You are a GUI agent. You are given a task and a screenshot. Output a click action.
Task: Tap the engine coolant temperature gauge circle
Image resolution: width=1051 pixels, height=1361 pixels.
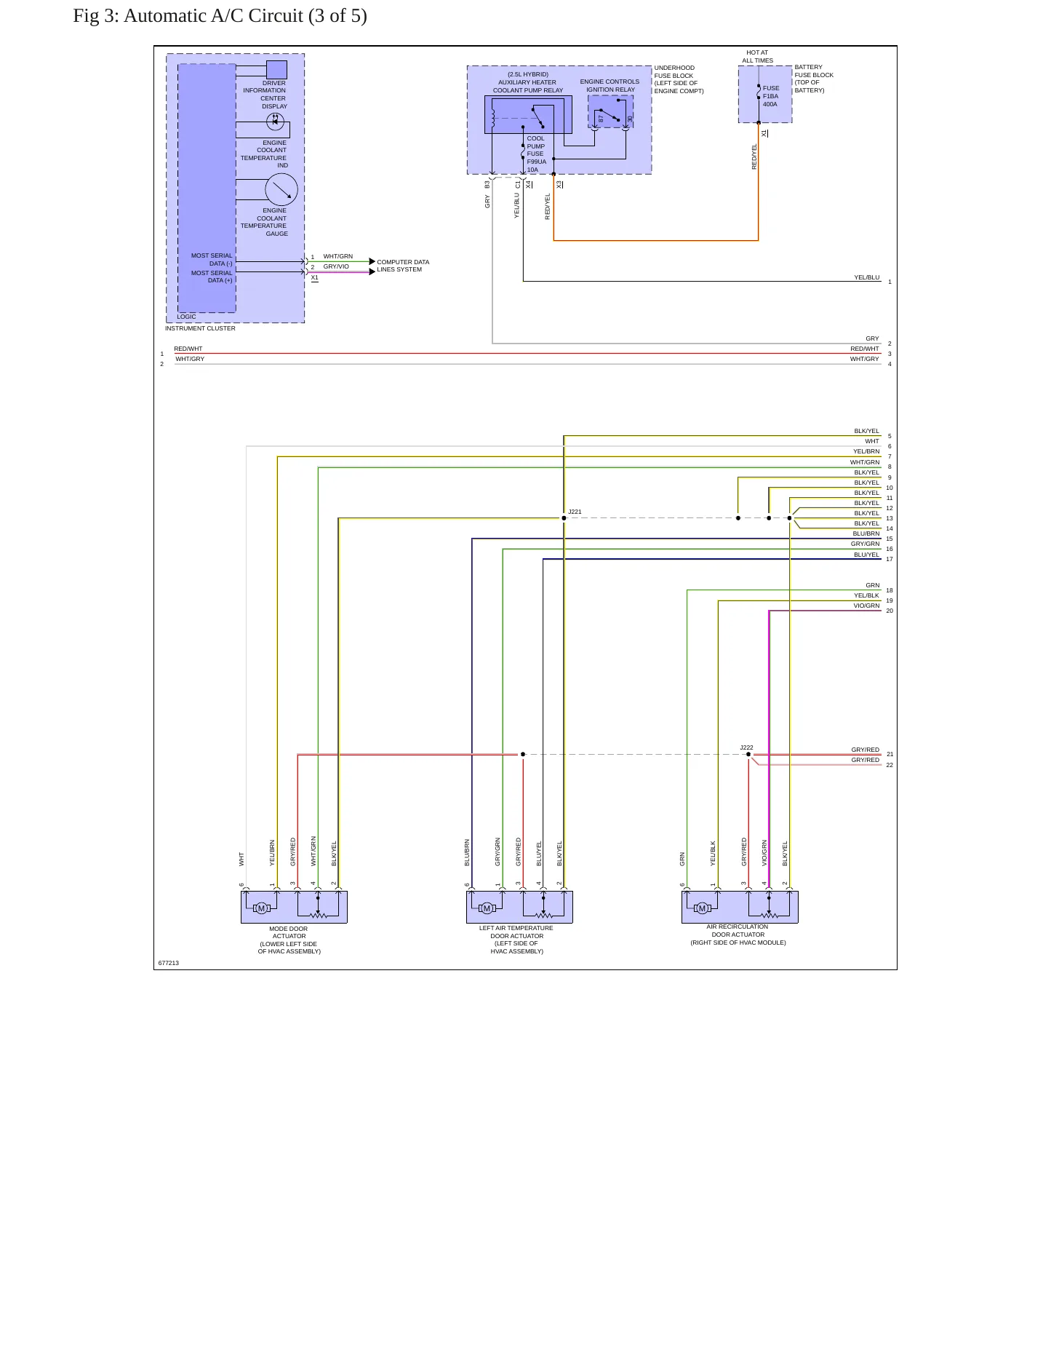click(x=281, y=190)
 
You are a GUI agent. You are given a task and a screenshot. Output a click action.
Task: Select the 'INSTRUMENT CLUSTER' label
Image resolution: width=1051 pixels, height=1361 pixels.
click(x=200, y=328)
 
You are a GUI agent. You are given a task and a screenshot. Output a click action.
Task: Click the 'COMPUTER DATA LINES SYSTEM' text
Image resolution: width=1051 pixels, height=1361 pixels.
click(x=403, y=266)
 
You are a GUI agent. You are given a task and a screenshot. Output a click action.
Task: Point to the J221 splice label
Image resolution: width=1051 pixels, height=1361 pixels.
click(x=575, y=512)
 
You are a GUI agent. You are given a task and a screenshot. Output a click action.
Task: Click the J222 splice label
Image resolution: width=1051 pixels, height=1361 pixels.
click(x=747, y=747)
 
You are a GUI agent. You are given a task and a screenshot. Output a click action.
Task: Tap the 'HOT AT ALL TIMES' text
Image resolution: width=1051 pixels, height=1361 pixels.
click(x=757, y=57)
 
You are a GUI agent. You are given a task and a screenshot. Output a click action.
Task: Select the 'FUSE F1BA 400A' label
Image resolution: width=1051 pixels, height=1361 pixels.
click(x=771, y=96)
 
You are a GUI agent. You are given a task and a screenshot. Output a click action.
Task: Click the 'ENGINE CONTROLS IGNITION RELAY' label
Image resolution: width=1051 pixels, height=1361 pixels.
click(x=610, y=86)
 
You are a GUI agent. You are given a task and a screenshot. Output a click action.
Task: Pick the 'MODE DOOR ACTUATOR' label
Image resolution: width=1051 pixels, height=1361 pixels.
click(x=289, y=932)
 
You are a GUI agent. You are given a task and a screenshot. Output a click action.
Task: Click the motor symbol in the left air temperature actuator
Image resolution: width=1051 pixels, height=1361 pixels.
click(x=487, y=908)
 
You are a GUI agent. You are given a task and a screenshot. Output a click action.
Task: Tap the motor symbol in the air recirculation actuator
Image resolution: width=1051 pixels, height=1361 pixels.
click(x=702, y=908)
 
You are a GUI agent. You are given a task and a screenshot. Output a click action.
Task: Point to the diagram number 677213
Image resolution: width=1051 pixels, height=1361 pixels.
click(x=168, y=963)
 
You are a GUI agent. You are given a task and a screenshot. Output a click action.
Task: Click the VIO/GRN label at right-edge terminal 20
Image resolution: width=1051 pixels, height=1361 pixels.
click(x=866, y=606)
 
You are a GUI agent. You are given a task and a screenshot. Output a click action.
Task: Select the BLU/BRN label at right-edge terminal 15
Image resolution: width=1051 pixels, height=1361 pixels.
click(x=866, y=533)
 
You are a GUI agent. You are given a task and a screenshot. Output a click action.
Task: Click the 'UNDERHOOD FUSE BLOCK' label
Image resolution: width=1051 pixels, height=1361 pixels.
click(x=674, y=71)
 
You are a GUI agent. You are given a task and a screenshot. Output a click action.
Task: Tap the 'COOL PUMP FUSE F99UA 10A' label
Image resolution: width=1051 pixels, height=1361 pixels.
click(x=537, y=154)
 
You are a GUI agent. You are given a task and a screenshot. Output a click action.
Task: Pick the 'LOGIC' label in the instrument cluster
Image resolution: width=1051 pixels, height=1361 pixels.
click(x=186, y=317)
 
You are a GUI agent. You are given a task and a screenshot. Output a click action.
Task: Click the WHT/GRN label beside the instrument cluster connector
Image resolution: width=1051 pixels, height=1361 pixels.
click(x=338, y=256)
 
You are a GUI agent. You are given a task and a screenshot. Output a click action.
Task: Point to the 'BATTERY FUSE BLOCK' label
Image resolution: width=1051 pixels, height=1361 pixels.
click(x=814, y=71)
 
